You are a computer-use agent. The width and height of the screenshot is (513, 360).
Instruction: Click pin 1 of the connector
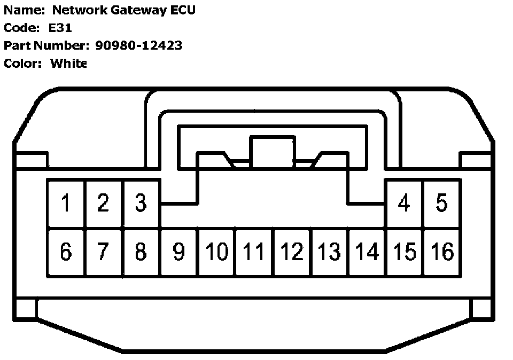[66, 204]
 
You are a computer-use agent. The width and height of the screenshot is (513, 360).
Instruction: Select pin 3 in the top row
[141, 204]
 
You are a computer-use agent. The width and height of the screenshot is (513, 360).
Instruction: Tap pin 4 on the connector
[405, 204]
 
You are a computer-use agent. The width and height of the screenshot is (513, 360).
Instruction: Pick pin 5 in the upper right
[442, 204]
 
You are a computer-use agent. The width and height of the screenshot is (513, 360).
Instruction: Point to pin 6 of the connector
[66, 252]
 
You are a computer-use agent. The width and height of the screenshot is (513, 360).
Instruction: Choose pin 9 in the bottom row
[179, 252]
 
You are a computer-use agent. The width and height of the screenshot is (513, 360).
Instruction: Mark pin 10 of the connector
[217, 252]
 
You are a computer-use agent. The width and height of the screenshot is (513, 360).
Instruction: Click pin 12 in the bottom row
[292, 252]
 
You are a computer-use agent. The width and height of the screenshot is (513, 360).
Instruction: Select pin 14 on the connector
[367, 252]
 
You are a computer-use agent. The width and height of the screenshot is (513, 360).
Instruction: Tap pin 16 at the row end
[442, 252]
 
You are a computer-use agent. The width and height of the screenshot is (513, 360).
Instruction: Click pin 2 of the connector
[103, 204]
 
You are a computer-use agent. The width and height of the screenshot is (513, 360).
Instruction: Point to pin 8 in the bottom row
[141, 252]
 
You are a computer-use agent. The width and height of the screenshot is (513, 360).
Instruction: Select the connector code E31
[60, 28]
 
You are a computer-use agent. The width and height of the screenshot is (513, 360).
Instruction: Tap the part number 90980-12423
[139, 45]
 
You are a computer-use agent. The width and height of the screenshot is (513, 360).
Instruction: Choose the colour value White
[68, 63]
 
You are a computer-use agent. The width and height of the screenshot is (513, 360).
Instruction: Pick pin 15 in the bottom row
[405, 252]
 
